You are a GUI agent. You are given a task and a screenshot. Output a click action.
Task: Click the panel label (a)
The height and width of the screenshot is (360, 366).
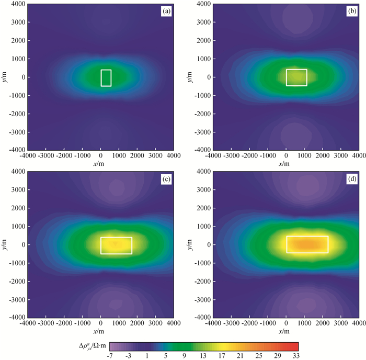(167, 10)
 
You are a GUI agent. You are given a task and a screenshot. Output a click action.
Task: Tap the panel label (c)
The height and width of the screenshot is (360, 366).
(167, 178)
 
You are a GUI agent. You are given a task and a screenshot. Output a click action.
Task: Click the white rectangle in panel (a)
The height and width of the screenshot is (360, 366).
(106, 77)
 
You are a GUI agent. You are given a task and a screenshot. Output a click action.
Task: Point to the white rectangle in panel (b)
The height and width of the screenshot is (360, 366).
(296, 77)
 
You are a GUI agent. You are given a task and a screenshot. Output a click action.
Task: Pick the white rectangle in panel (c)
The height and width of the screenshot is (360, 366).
(116, 245)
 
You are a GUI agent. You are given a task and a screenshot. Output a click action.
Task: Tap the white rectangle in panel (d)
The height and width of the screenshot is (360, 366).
(307, 244)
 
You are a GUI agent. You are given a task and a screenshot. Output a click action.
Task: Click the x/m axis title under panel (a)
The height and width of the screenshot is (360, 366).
(101, 164)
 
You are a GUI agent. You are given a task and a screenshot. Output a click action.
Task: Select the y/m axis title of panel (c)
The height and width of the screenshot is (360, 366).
(5, 244)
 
